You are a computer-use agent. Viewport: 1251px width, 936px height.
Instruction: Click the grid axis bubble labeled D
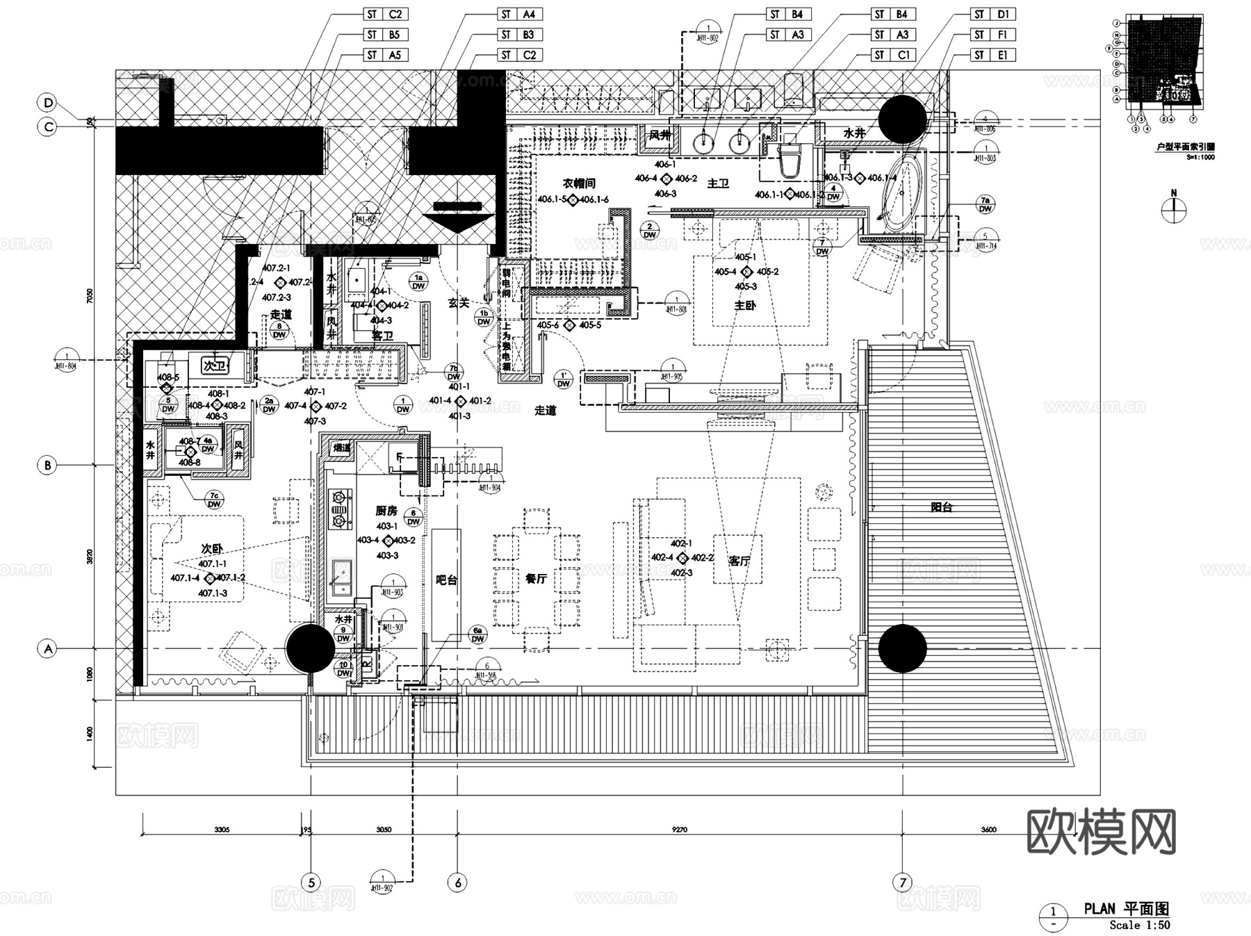[48, 104]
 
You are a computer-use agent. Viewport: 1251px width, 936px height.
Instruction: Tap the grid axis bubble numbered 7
[902, 882]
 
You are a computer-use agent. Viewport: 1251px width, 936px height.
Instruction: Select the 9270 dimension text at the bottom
[679, 829]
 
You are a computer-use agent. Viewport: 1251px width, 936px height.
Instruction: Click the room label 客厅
[739, 561]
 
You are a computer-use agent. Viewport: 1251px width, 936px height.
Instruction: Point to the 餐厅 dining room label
[536, 578]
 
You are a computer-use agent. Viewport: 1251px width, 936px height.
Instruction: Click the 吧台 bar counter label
[446, 580]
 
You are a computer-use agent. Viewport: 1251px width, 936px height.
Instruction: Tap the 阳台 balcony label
[941, 507]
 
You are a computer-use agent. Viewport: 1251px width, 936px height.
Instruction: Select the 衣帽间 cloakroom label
[579, 183]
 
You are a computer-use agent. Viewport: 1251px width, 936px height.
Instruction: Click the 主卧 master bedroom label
[744, 305]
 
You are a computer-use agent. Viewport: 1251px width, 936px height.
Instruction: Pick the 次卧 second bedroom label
[212, 549]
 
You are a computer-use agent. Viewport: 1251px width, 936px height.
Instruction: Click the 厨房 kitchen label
[386, 511]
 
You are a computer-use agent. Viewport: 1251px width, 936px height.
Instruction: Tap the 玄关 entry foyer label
[459, 303]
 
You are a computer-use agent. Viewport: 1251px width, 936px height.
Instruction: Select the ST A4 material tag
[519, 14]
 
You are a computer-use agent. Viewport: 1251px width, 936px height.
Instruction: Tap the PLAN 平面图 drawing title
[1126, 908]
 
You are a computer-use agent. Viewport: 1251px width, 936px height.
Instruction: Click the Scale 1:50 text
[1139, 925]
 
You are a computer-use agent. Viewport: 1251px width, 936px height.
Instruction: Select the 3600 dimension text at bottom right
[988, 829]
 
